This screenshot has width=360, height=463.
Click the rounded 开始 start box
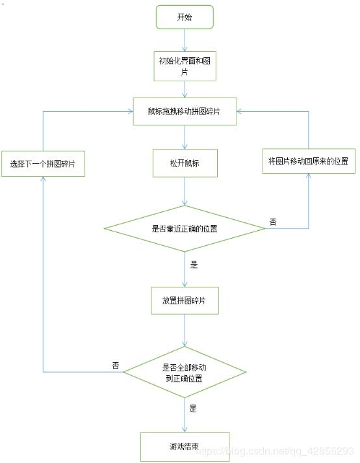point(185,17)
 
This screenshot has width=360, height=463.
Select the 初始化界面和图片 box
point(185,66)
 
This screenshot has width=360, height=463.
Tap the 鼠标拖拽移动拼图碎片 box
point(185,111)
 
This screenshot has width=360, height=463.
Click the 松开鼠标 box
point(185,163)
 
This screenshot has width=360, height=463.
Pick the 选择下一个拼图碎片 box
point(43,164)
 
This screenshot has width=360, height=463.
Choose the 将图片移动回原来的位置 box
point(309,161)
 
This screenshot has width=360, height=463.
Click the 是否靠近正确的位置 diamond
point(185,228)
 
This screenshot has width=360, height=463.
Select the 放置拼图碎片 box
point(185,300)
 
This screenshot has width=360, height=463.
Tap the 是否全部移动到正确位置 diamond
point(185,372)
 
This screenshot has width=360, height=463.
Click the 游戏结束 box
point(185,447)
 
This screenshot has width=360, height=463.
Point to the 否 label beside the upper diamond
point(273,222)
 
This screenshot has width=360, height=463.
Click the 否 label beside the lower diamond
point(116,365)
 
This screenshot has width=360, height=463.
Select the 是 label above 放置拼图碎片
point(194,265)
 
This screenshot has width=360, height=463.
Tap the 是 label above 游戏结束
point(193,408)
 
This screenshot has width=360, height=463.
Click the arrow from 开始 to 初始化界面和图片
point(185,40)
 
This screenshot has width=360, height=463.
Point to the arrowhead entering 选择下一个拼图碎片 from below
point(44,179)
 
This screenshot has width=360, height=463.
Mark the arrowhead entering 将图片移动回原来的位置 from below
point(309,176)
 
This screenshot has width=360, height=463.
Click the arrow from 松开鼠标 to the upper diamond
point(185,191)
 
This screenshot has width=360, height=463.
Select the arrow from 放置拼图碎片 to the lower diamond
point(185,330)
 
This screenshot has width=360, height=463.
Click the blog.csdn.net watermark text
point(275,451)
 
